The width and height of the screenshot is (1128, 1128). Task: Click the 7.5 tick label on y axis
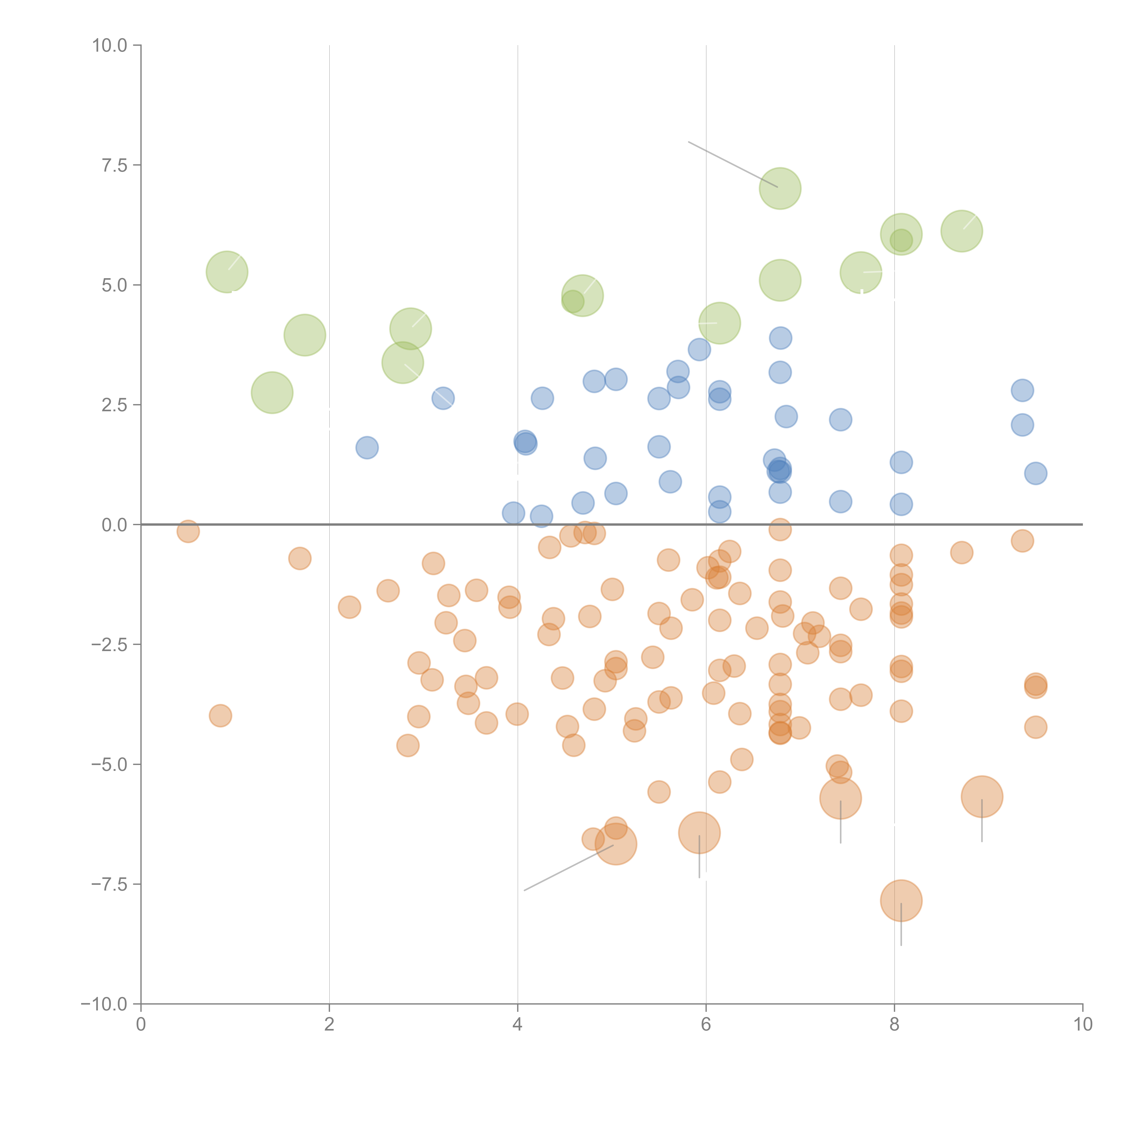tap(114, 165)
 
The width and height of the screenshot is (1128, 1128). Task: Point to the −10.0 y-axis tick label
tap(104, 1004)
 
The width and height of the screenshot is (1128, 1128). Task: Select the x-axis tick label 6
tap(706, 1025)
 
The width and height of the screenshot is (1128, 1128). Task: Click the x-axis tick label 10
tap(1082, 1025)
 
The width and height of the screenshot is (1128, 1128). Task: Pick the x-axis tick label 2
tap(329, 1025)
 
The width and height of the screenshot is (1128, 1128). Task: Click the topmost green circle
tap(780, 188)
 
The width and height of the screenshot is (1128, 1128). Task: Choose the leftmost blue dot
tap(367, 448)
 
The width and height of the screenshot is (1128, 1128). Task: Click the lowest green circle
tap(272, 392)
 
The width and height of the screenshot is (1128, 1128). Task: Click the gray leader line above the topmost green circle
tap(733, 164)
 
